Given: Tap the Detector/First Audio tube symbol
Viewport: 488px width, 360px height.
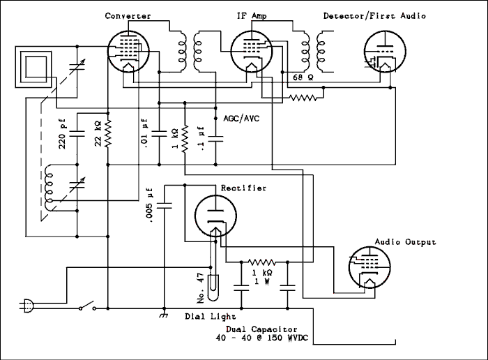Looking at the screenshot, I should (383, 52).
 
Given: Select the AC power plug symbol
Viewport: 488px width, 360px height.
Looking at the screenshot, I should (26, 305).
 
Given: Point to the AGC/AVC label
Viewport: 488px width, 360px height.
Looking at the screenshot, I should (241, 119).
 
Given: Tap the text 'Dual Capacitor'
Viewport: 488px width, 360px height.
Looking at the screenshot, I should (261, 329).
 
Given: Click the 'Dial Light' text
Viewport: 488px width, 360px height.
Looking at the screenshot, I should (210, 316).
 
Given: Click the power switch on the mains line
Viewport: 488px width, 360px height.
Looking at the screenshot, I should (87, 306).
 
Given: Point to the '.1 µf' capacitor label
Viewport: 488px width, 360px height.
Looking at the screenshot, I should (201, 137).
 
